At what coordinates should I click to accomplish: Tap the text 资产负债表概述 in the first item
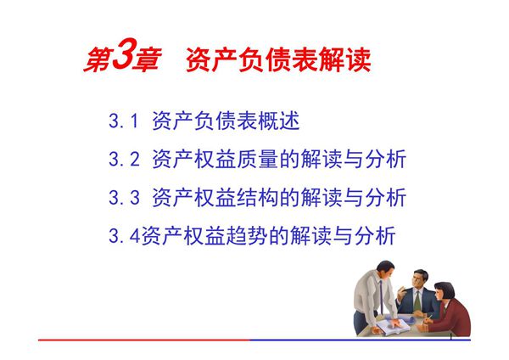226,121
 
